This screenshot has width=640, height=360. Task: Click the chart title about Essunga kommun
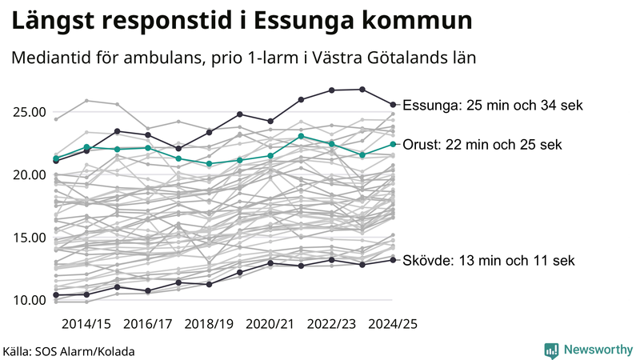[x=241, y=21]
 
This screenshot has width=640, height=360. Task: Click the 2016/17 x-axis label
[x=149, y=325]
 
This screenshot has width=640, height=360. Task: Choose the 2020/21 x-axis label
[x=271, y=325]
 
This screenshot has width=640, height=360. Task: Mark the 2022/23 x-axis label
[x=332, y=325]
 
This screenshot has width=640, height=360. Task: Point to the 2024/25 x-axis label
[x=393, y=325]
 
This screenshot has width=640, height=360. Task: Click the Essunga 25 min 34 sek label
[x=493, y=106]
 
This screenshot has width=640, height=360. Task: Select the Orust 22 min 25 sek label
[x=482, y=145]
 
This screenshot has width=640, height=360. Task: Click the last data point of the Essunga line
[x=393, y=104]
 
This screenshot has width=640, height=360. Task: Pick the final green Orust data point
[x=393, y=144]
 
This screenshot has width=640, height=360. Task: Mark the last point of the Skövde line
[x=393, y=259]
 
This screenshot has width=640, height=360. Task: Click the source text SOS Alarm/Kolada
[x=69, y=351]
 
